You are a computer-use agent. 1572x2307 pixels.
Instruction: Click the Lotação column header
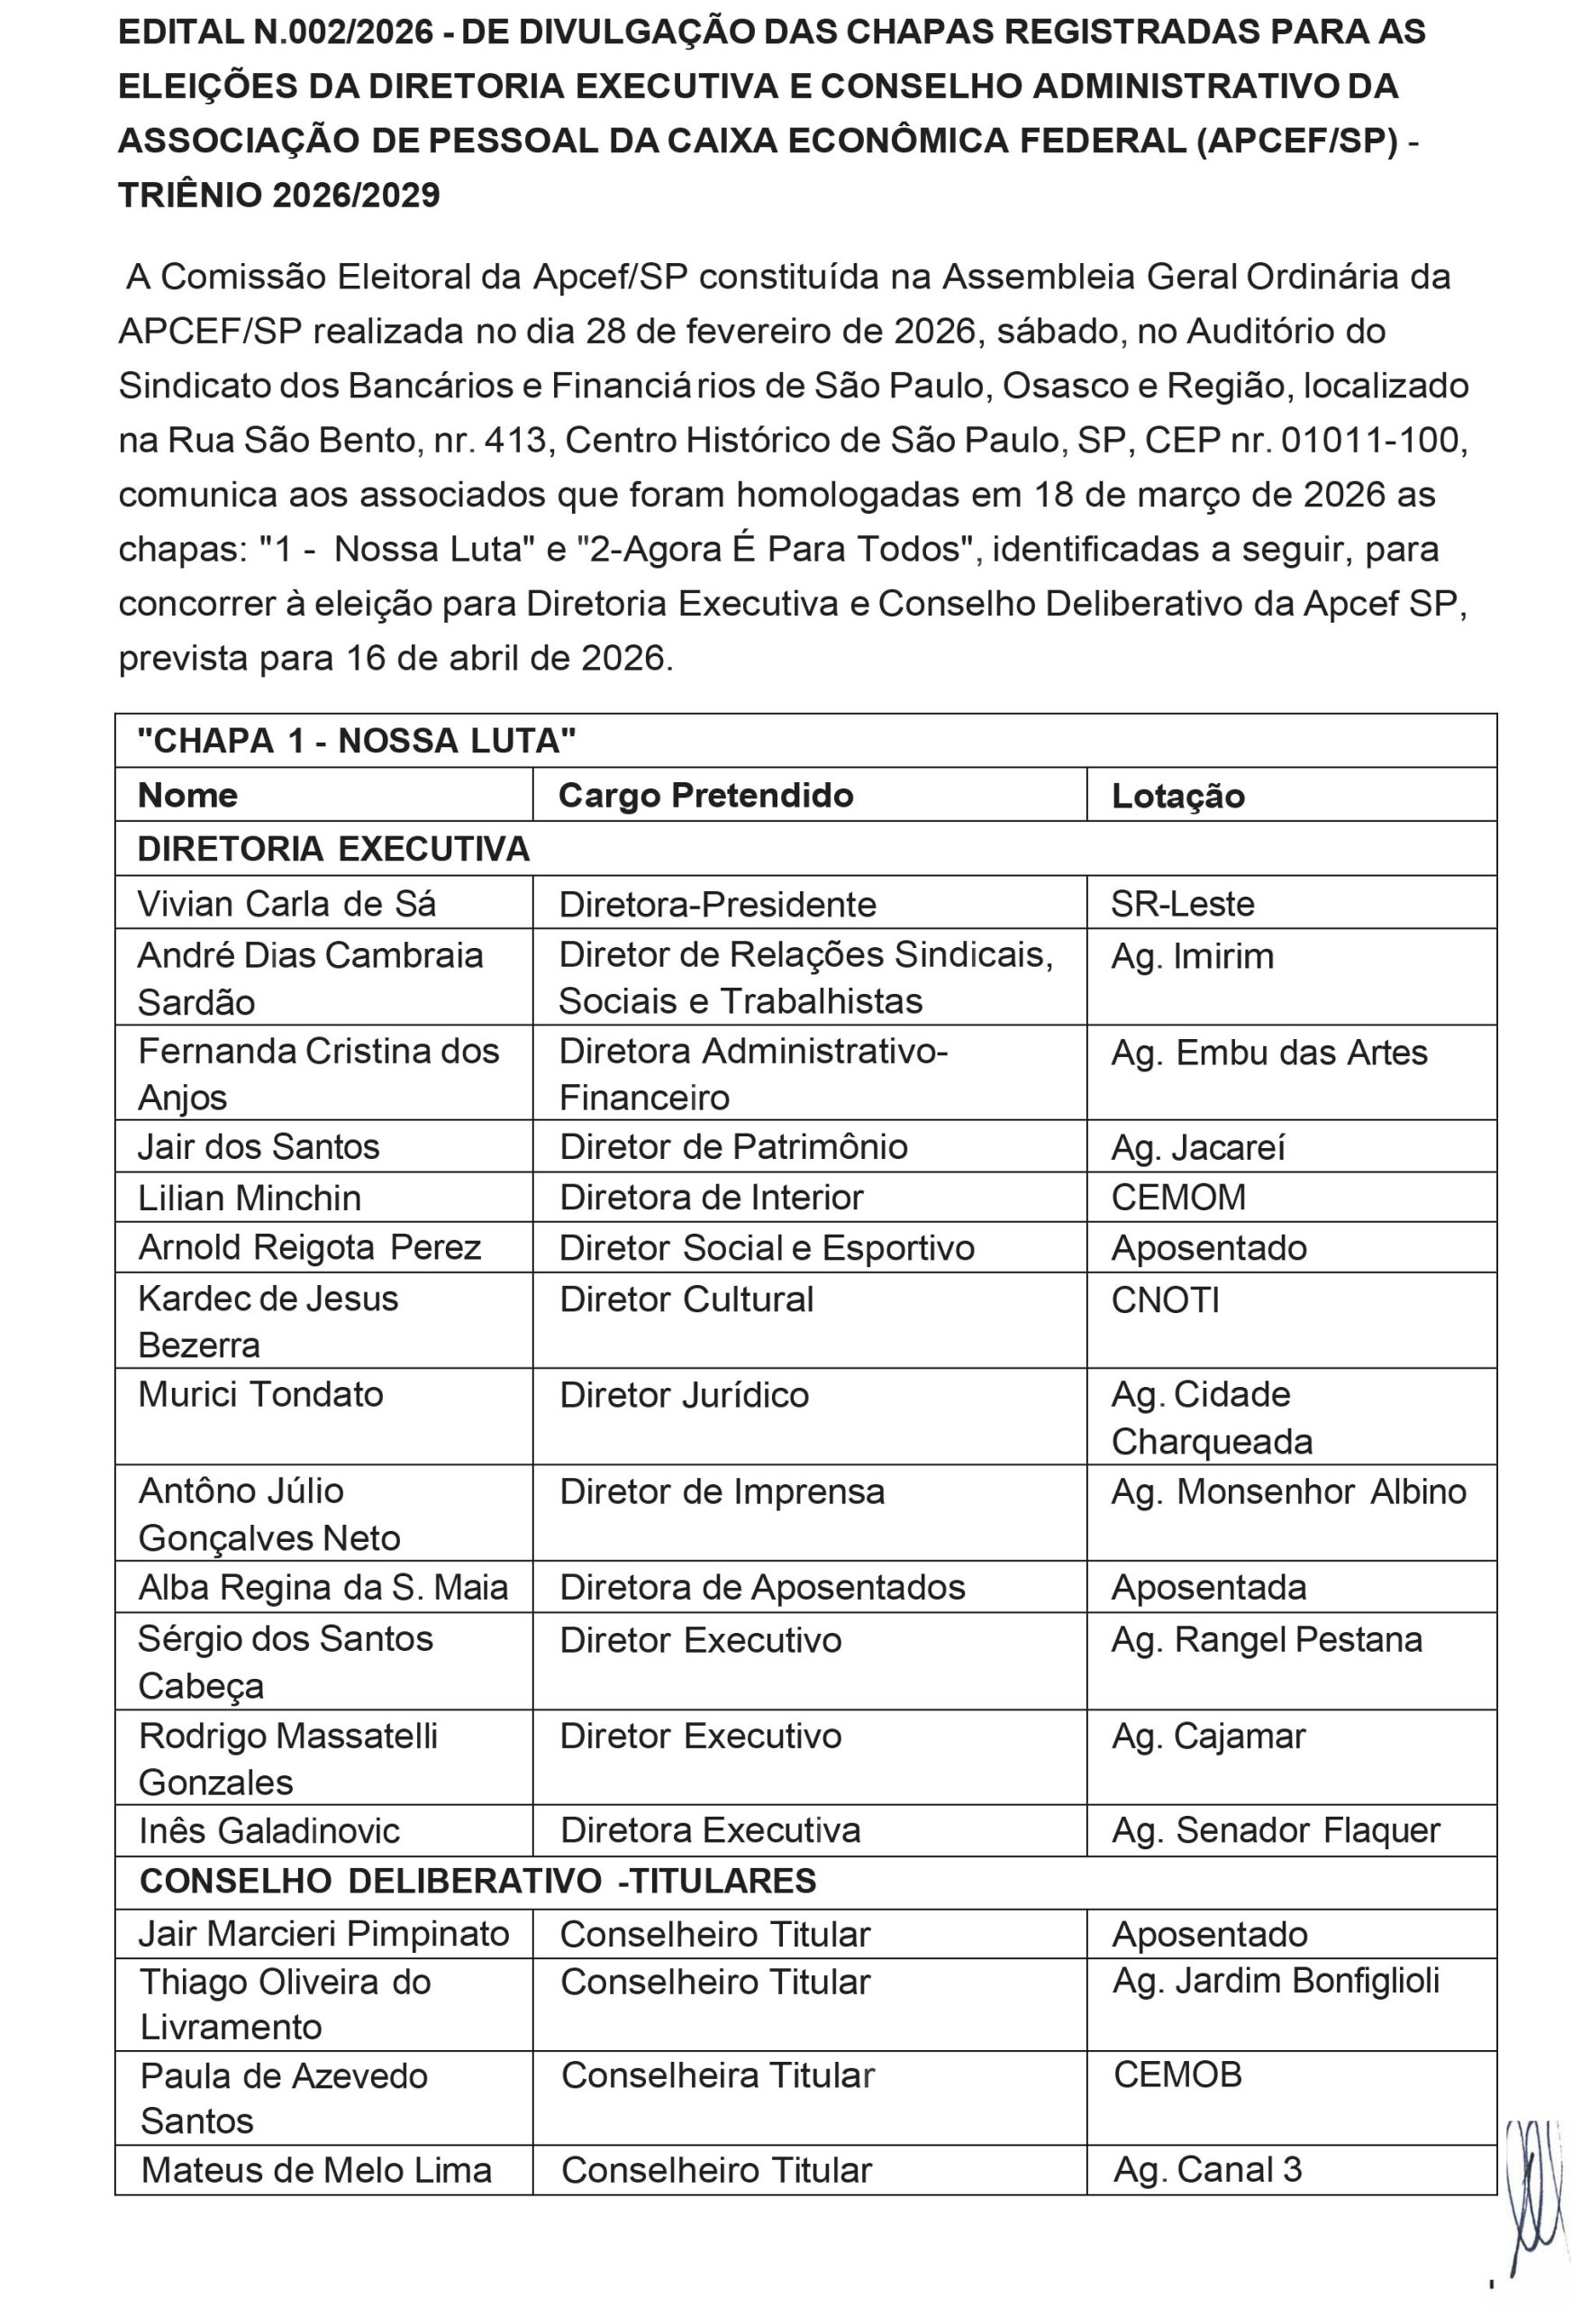point(1177,796)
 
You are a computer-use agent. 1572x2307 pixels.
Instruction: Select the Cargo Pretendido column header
point(705,795)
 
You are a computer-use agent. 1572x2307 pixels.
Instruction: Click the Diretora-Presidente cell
point(717,905)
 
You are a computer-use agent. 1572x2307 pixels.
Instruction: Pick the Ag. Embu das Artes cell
point(1268,1053)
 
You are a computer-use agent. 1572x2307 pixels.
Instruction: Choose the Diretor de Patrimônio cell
point(733,1146)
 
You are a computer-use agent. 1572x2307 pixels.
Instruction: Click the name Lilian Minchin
point(250,1199)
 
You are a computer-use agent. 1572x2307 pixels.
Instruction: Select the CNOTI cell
point(1165,1300)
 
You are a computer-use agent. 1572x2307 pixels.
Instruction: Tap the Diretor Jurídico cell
point(684,1395)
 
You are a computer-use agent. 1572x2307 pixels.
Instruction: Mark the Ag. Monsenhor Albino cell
point(1288,1492)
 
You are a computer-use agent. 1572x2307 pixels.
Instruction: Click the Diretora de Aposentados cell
point(762,1587)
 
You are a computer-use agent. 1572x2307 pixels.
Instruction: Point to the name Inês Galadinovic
point(269,1830)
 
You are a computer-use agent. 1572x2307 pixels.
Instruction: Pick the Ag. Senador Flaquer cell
point(1276,1830)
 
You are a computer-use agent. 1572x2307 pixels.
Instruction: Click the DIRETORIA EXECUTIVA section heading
point(333,849)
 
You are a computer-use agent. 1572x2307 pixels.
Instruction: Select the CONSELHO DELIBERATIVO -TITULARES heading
point(477,1880)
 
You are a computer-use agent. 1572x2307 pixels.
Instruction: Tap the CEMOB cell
point(1177,2074)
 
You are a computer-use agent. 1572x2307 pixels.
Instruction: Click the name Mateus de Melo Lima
point(315,2170)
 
